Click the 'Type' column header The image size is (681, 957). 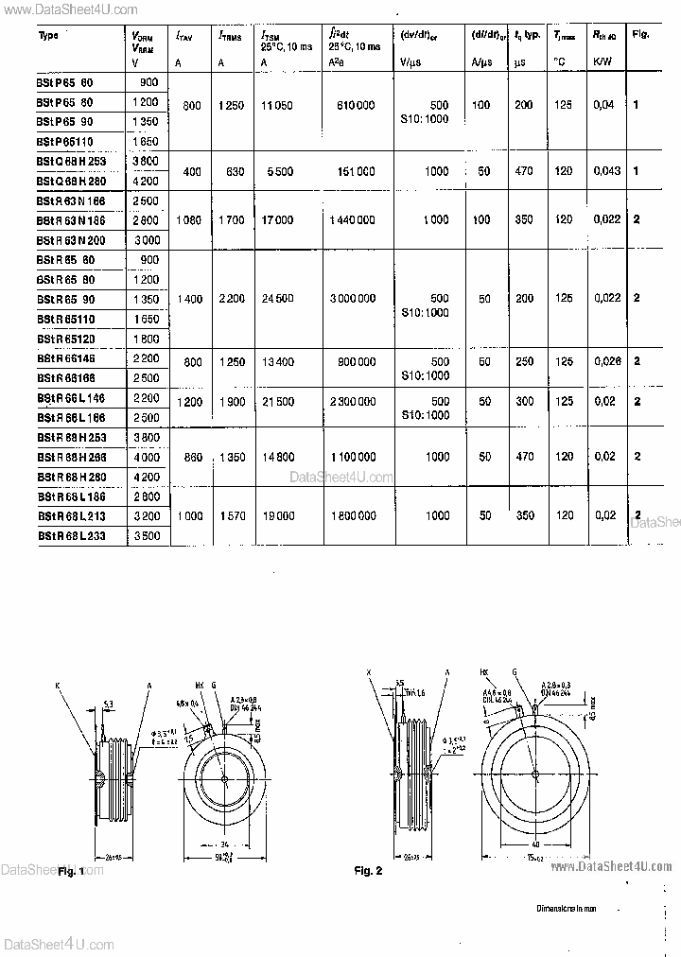point(49,35)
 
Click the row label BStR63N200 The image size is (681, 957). point(72,240)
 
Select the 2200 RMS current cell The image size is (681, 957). point(231,299)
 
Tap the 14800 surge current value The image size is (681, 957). point(278,457)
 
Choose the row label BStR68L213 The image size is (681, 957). point(72,516)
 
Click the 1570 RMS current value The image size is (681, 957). point(231,516)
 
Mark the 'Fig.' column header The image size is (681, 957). point(640,35)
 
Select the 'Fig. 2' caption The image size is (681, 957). point(368,870)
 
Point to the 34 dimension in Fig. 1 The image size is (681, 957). point(223,844)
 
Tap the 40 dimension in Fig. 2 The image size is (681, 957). point(534,844)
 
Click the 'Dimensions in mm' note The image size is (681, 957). point(568,907)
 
